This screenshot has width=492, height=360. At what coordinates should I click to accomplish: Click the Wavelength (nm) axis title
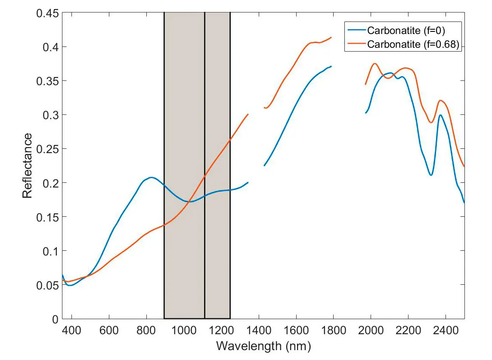263,346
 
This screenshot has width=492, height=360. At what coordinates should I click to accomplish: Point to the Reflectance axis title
28,166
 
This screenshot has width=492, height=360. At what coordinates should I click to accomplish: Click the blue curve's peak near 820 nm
151,177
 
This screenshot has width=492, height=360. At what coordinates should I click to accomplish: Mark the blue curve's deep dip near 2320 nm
430,175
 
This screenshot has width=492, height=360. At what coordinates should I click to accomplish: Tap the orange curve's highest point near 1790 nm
331,37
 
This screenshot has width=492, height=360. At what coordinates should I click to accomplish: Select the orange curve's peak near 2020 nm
374,64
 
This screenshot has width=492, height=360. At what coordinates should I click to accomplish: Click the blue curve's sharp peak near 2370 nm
440,115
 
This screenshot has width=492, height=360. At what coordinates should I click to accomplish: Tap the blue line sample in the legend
356,30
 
